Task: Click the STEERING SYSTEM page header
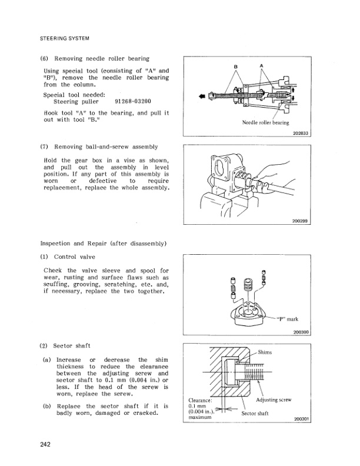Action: click(64, 39)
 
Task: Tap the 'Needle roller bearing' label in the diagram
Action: click(265, 123)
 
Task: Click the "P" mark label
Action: click(286, 319)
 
